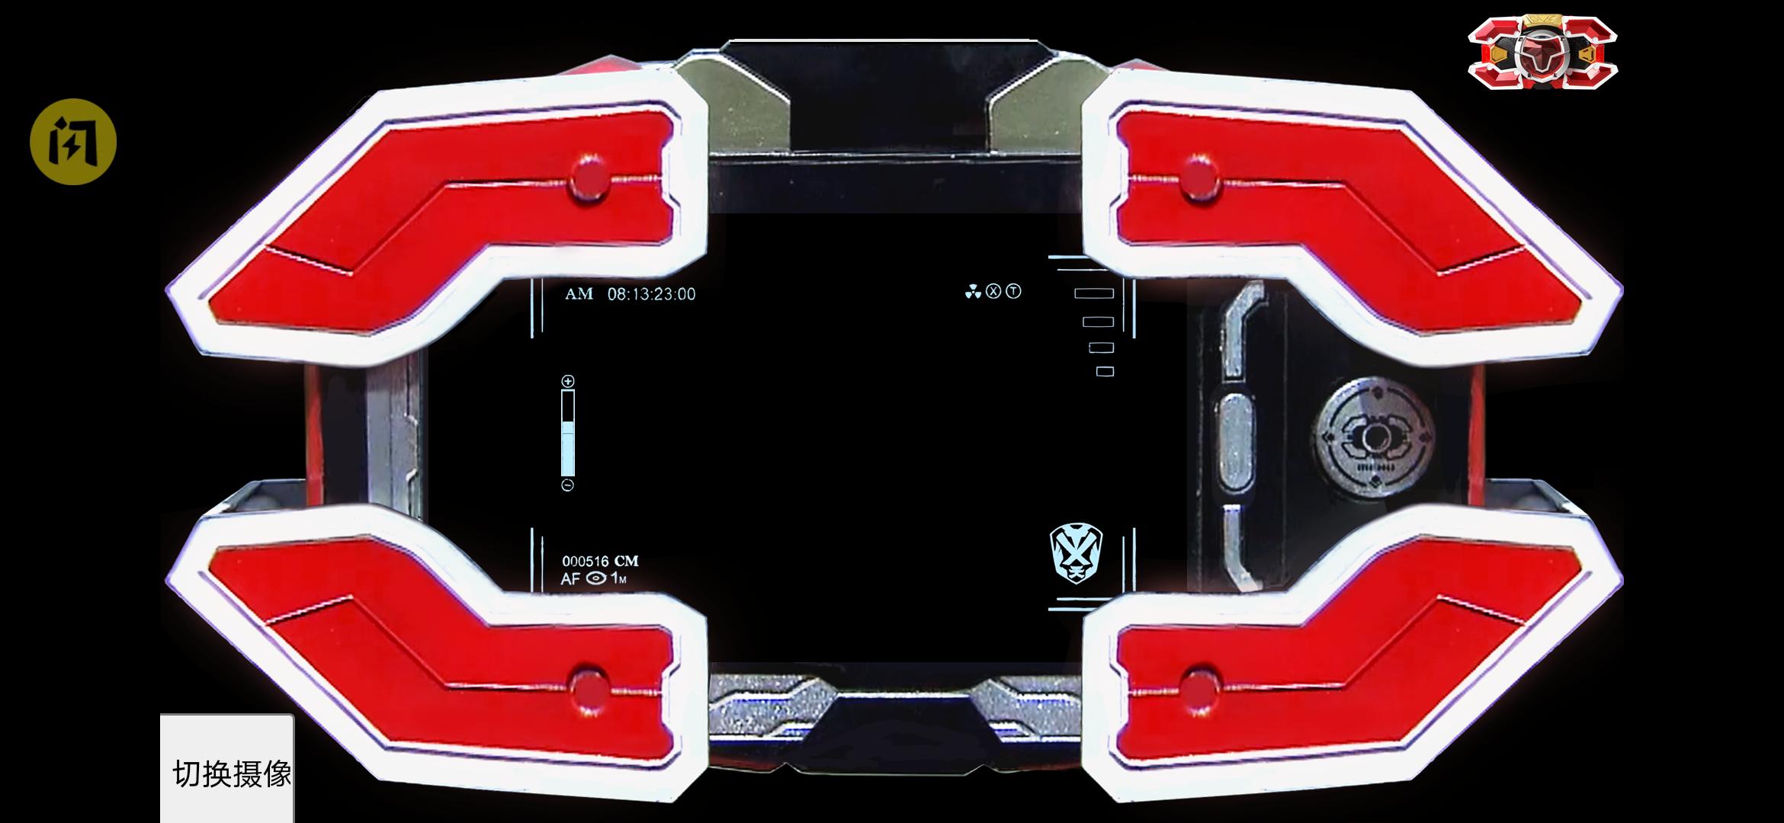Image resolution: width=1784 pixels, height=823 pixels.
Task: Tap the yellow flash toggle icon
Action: coord(73,142)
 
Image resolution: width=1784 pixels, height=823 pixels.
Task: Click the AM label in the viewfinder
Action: coord(579,294)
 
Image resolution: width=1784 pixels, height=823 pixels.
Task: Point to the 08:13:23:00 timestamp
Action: coord(651,294)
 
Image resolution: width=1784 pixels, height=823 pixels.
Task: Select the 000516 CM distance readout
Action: coord(600,562)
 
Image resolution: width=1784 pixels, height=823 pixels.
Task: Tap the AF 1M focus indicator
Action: coord(594,579)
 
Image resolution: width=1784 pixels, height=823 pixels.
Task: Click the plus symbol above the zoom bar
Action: coord(567,381)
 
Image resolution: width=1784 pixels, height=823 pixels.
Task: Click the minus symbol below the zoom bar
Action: coord(567,485)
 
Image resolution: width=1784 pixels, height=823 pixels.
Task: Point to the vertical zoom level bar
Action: coord(567,433)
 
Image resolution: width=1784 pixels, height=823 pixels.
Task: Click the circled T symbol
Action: coord(1013,291)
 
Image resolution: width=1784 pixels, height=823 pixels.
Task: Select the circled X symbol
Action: coord(993,291)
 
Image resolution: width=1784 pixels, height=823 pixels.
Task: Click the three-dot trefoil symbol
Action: coord(972,292)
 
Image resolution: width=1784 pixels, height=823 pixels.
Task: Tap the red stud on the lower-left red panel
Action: coord(589,690)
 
